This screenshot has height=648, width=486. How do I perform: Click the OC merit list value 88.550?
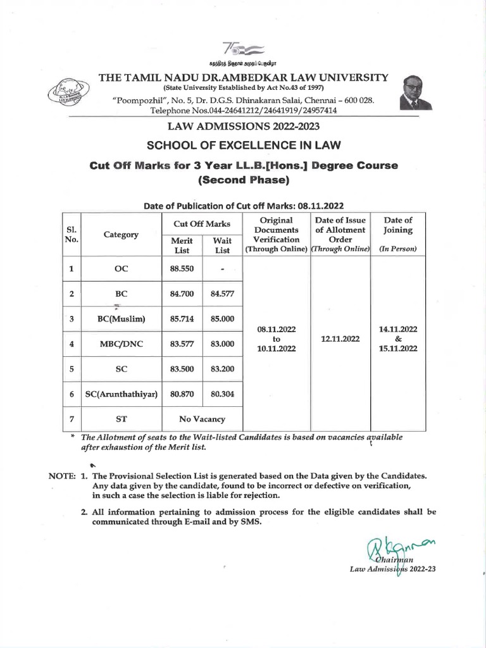182,268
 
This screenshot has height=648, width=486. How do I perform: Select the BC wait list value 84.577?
222,294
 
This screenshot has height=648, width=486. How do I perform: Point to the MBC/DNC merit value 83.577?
182,344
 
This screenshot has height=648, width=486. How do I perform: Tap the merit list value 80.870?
182,394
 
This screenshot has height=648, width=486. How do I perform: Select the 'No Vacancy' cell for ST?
202,419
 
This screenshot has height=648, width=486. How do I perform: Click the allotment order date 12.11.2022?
340,339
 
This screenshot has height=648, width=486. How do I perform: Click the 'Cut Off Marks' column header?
202,223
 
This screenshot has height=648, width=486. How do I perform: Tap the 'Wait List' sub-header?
222,246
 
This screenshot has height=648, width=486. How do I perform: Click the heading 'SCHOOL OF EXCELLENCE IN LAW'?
244,145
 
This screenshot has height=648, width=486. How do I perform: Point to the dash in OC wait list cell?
222,269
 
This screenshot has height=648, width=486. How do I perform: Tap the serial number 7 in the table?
72,419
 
